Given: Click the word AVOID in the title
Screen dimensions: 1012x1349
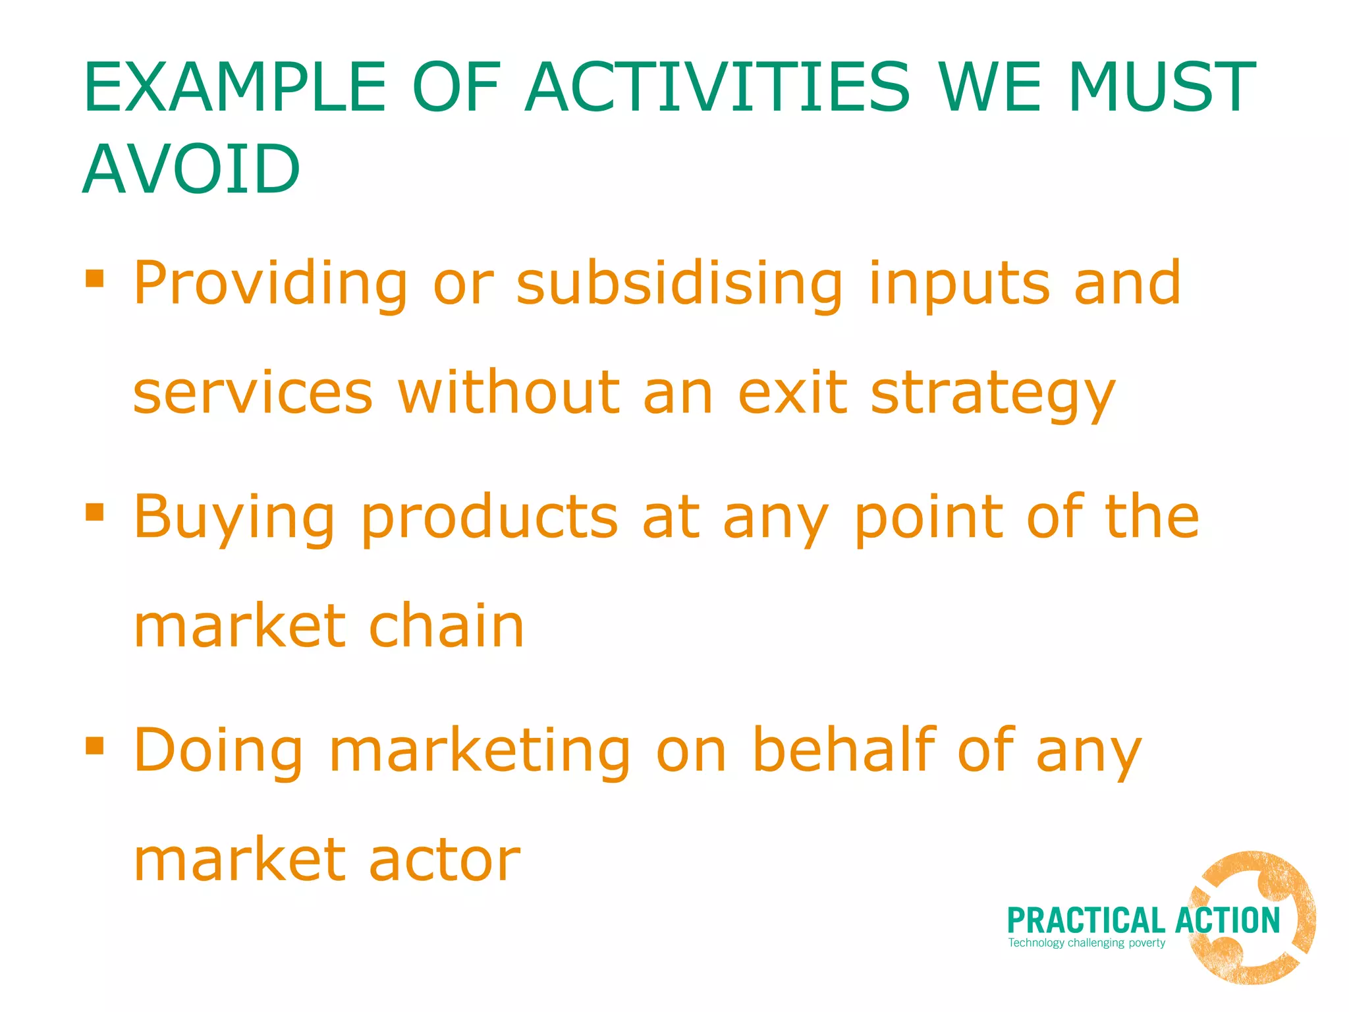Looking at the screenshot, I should point(191,169).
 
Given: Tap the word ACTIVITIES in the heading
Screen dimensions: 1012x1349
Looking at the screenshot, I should point(717,87).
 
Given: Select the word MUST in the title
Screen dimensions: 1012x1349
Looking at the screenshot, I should point(1162,87).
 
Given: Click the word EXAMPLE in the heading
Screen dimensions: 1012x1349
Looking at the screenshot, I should point(234,87).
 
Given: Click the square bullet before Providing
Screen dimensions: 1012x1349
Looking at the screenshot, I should point(95,278).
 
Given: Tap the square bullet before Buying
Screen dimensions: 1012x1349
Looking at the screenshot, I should point(95,512).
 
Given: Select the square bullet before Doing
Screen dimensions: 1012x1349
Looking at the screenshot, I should point(95,745).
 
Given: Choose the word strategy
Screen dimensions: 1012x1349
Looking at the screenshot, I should point(993,393).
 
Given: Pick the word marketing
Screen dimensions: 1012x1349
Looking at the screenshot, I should point(480,751).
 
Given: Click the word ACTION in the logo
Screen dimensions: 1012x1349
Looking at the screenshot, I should point(1227,920).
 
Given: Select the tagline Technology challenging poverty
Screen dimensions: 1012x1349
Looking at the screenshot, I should point(1086,943).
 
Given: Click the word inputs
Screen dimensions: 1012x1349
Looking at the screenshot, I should point(959,285).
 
